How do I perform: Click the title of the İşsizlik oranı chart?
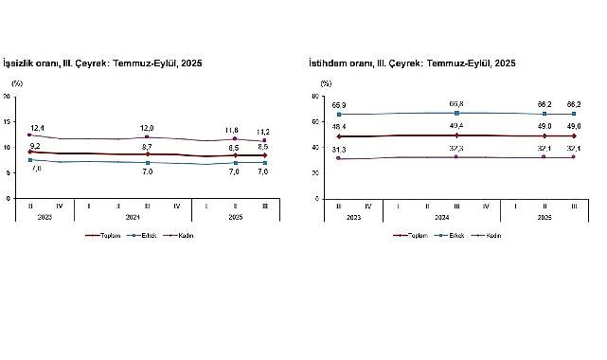pos(103,63)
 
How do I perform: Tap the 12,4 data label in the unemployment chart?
pos(37,127)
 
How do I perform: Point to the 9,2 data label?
pos(35,145)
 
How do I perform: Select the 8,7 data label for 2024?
pos(147,147)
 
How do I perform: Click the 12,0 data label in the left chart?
pos(147,128)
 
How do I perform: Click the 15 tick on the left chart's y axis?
pos(8,121)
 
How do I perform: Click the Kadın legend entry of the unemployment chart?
pos(183,236)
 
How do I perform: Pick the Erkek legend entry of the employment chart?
pos(449,236)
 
